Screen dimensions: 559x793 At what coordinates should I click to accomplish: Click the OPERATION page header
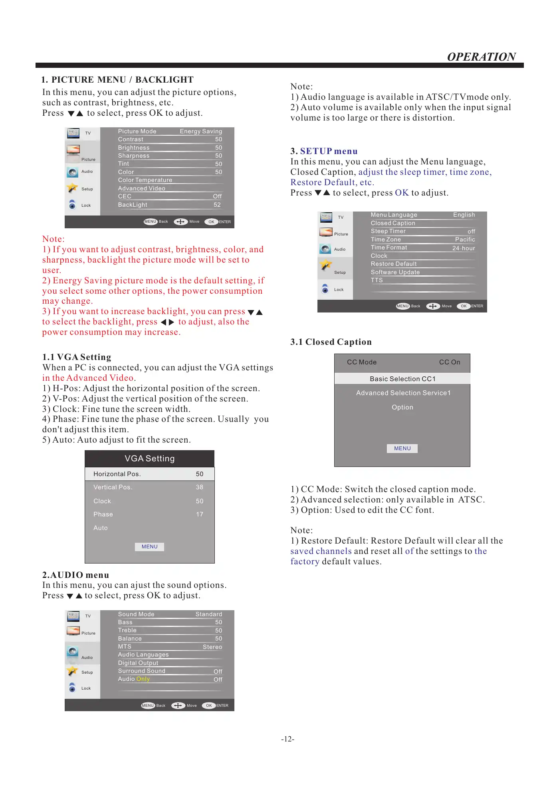point(481,57)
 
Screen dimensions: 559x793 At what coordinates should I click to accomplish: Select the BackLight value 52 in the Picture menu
point(217,205)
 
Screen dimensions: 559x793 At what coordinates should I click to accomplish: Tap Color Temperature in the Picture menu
point(145,180)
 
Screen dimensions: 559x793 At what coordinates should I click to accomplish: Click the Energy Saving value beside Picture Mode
point(201,131)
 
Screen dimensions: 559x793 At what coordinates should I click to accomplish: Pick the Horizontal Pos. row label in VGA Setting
point(117,474)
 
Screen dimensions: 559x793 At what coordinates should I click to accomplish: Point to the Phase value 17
point(200,514)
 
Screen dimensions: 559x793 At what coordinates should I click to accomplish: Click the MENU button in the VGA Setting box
point(150,547)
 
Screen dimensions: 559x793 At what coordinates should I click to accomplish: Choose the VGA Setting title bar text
point(150,459)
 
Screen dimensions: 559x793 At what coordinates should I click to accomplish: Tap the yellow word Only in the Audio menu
point(143,679)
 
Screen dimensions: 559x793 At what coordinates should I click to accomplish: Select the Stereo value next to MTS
point(212,647)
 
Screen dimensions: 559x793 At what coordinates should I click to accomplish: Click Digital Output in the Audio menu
point(138,663)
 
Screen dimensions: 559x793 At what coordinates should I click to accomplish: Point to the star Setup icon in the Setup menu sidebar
point(326,265)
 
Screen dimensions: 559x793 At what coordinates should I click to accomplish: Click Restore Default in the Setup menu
point(394,264)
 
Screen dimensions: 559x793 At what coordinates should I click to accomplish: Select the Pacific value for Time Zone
point(465,239)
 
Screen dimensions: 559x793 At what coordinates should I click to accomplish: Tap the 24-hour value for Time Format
point(464,248)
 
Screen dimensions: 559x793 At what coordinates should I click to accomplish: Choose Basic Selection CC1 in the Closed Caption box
point(402,379)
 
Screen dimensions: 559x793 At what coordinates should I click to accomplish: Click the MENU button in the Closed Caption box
point(402,449)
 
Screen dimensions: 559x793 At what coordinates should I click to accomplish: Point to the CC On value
point(450,362)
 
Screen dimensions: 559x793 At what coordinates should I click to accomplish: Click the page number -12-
point(287,739)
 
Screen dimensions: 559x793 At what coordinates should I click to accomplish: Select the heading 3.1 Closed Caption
point(331,342)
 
